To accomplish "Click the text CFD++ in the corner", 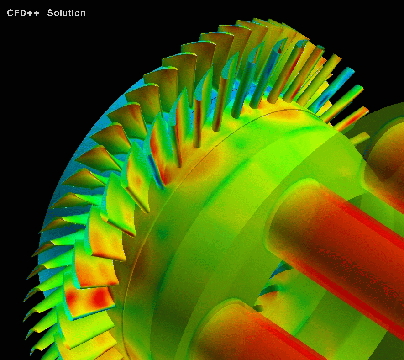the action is (23, 13).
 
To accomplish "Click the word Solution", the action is (66, 13).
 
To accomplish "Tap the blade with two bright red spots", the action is (89, 301).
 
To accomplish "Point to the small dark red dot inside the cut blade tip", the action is (279, 51).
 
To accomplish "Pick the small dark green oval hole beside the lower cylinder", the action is (257, 308).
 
